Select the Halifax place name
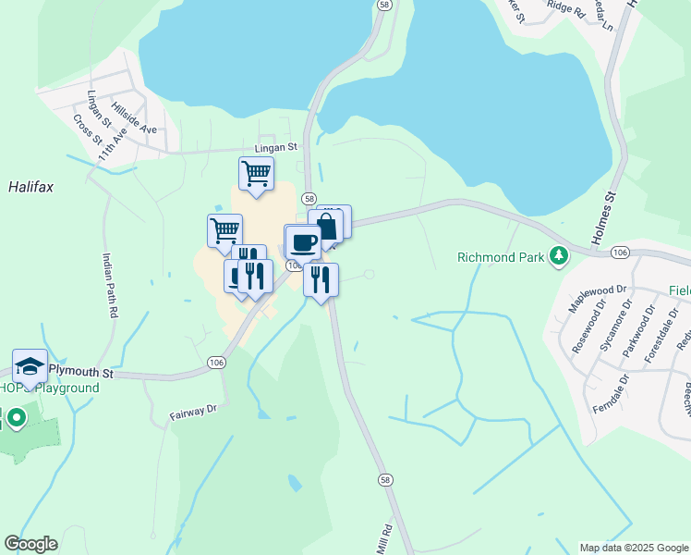pos(31,187)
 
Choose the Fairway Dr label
pos(192,408)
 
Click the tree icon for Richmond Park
pos(558,256)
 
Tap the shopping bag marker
pos(326,227)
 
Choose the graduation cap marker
pos(30,367)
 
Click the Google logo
pos(30,544)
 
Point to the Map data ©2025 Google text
pos(633,548)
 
